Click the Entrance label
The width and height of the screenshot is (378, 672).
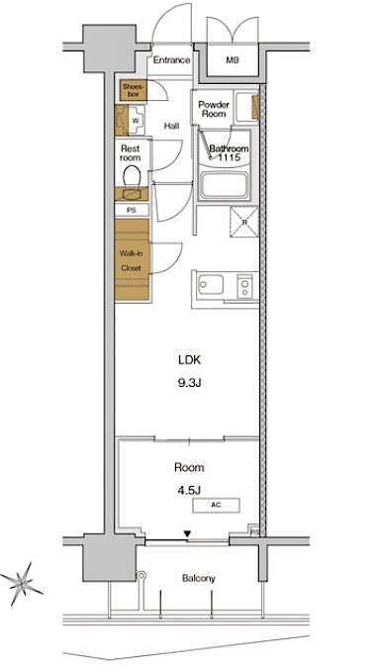coord(171,60)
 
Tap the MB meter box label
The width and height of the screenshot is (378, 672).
coord(232,60)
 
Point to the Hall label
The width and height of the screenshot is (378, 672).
coord(171,126)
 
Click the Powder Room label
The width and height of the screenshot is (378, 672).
coord(215,109)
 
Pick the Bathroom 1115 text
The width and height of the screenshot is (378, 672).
coord(229,153)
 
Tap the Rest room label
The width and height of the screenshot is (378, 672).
coord(131,152)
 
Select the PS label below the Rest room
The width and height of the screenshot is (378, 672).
coord(131,210)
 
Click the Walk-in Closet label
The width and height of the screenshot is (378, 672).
coord(131,260)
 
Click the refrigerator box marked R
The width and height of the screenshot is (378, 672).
coord(244,222)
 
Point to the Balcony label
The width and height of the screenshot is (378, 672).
coord(198,579)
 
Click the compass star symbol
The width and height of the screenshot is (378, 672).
coord(22,584)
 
